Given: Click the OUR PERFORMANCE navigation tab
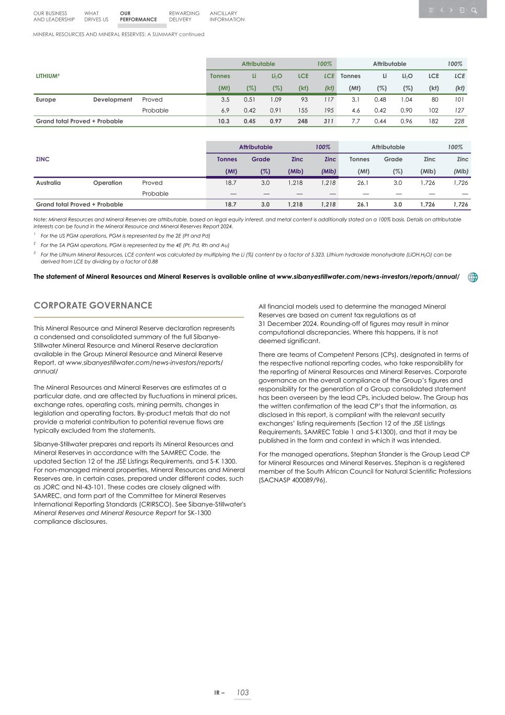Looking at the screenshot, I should (138, 16).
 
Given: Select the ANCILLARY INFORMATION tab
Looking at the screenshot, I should (227, 16).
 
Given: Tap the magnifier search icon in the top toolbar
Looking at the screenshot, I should (474, 10).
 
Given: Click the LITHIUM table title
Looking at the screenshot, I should (47, 76).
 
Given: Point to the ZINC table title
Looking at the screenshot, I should (42, 159).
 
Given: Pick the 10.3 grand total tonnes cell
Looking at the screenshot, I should (223, 121).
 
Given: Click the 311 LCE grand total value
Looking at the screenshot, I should (329, 121).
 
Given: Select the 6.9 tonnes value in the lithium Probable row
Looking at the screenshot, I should (226, 111).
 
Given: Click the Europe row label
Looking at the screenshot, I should (46, 100).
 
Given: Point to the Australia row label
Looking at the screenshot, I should (48, 183).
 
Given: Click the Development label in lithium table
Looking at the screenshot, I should (113, 100).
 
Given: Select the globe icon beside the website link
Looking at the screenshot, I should (473, 277).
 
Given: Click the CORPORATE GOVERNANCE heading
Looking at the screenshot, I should (93, 305).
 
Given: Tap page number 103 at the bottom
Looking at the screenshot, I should (242, 692).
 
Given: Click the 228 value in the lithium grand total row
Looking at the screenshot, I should (459, 121).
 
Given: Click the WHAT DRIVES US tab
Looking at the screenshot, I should (96, 16).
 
